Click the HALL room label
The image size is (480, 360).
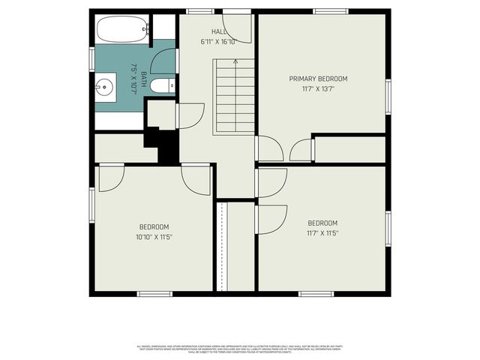tap(218, 31)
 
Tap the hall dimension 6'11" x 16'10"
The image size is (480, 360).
tap(218, 42)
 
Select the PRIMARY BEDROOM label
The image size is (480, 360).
tap(319, 79)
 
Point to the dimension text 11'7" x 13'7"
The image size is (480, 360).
tap(319, 89)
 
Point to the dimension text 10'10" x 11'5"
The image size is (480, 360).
tap(154, 237)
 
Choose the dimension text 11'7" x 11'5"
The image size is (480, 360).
tap(322, 233)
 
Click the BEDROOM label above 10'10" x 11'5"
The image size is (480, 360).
tap(154, 226)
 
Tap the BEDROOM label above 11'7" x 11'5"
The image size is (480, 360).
tap(322, 223)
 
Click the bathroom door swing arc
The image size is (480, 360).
tap(163, 60)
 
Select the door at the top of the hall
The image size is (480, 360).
tap(238, 28)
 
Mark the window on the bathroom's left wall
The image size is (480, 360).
tap(92, 57)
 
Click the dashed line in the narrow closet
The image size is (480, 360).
tap(222, 247)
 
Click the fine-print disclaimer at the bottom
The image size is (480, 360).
tap(240, 349)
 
